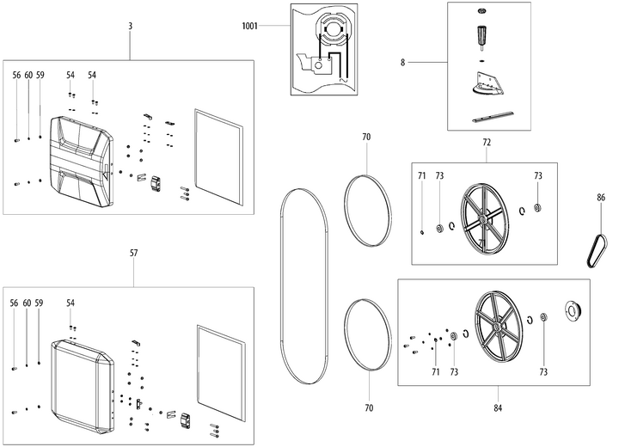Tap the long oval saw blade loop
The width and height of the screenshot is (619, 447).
[x=303, y=284]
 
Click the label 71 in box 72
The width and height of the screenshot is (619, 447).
[x=422, y=175]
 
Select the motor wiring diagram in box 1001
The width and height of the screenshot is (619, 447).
[x=328, y=50]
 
